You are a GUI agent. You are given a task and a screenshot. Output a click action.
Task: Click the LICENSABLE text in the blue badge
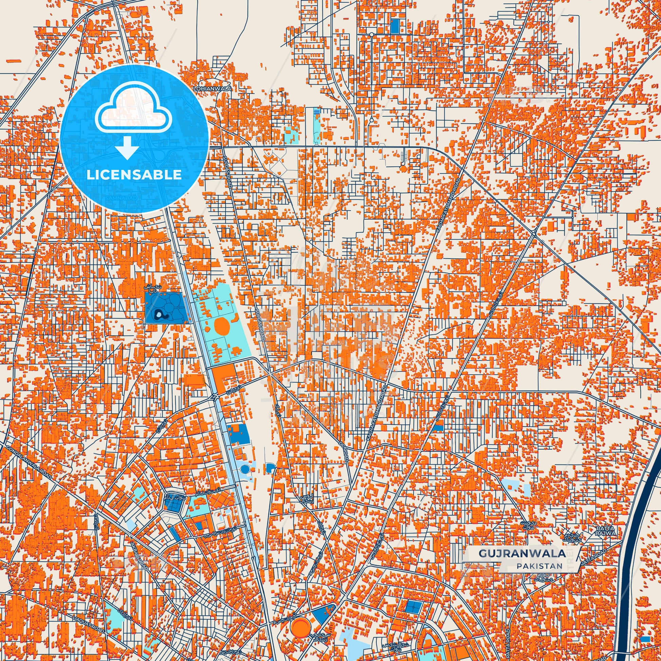click(x=134, y=175)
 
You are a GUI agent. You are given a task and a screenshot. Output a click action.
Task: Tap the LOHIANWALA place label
click(x=212, y=89)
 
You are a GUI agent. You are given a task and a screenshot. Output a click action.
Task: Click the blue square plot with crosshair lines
click(x=413, y=607)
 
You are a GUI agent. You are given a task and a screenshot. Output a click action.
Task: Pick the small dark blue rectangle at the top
click(x=395, y=26)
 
